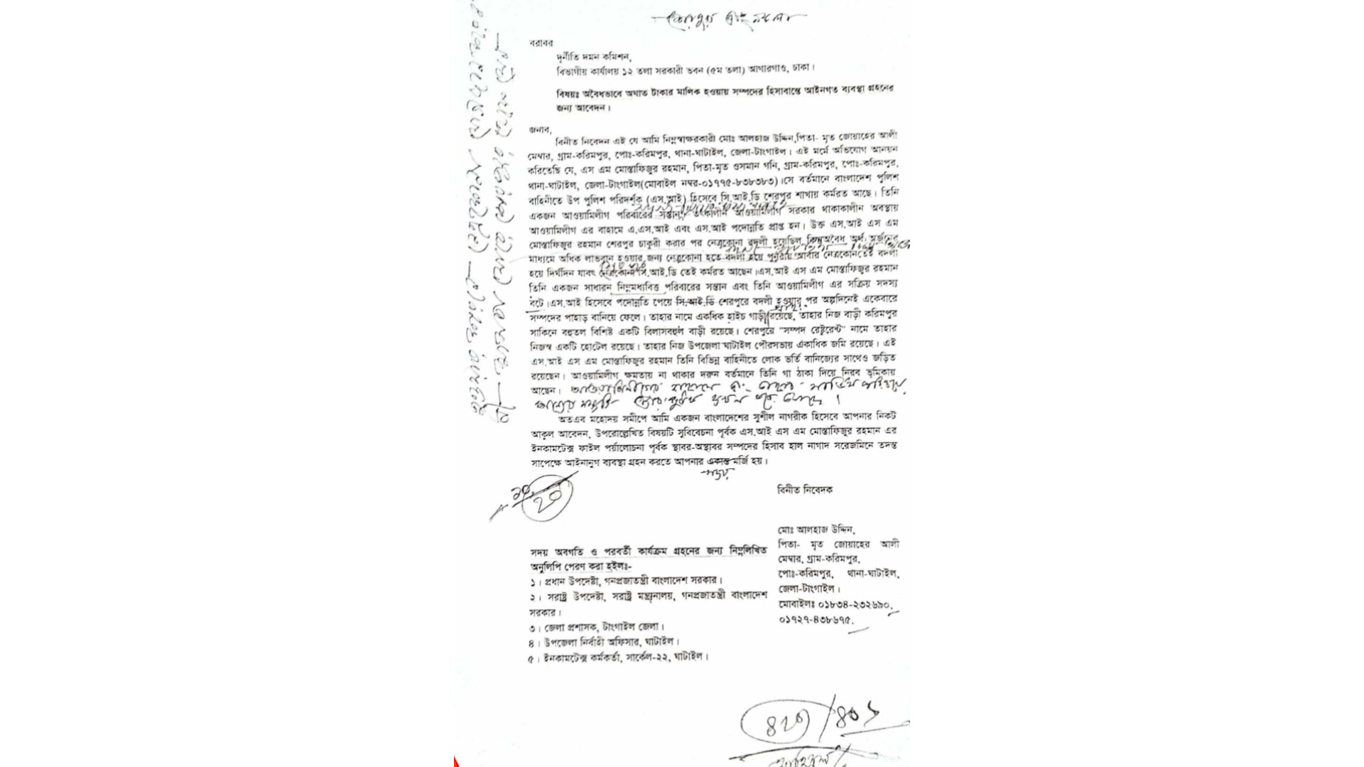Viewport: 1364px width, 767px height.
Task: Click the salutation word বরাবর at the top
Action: tap(541, 43)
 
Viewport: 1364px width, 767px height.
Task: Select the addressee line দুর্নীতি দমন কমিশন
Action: tap(594, 57)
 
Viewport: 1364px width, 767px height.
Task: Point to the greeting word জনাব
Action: tap(539, 129)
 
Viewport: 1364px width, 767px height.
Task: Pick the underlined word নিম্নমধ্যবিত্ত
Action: tap(638, 287)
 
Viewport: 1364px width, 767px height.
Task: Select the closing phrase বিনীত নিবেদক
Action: tap(804, 490)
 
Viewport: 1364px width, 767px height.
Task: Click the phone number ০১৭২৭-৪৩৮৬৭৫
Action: tap(814, 620)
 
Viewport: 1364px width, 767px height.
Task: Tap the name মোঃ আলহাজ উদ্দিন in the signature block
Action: tap(816, 530)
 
